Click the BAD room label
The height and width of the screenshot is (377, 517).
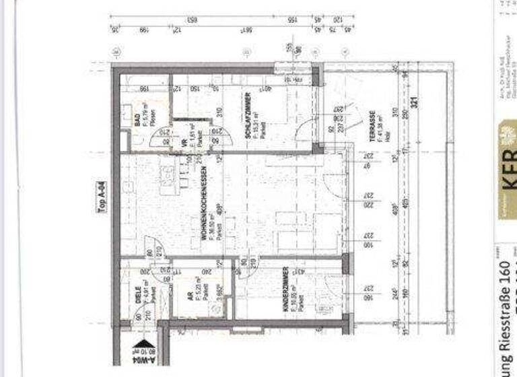pos(137,121)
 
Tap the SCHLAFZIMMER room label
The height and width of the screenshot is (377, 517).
pos(248,116)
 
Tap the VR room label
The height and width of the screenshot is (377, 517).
pos(183,143)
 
